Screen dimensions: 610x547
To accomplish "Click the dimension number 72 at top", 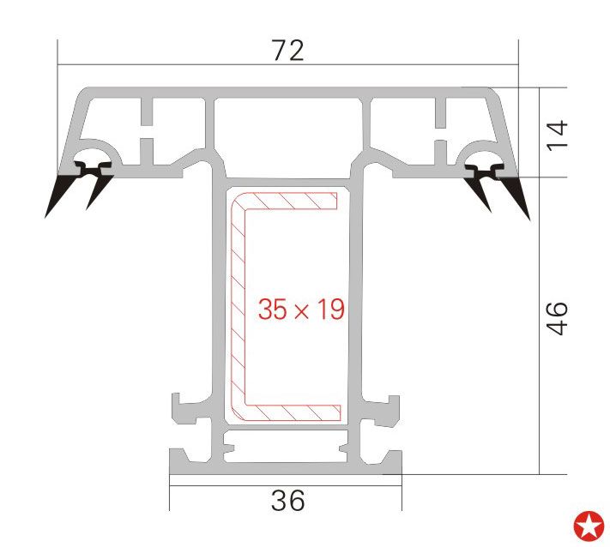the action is pyautogui.click(x=288, y=51).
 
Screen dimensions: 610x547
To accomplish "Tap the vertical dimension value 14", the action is pyautogui.click(x=557, y=135).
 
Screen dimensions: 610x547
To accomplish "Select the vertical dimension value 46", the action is pyautogui.click(x=557, y=317).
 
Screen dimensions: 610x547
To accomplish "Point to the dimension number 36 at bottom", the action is pyautogui.click(x=288, y=501).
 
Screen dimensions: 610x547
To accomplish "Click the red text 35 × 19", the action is pyautogui.click(x=301, y=310).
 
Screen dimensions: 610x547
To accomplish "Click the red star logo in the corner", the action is pyautogui.click(x=589, y=526).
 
